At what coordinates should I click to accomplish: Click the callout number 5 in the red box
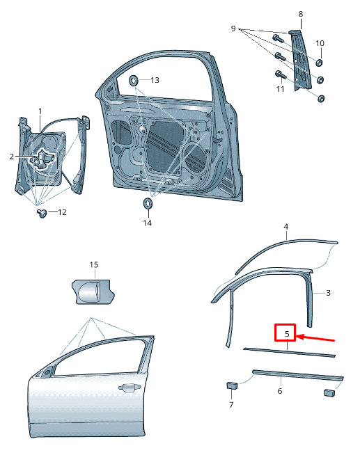pyautogui.click(x=287, y=334)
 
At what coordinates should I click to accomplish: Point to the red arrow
pyautogui.click(x=315, y=339)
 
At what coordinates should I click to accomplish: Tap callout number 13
pyautogui.click(x=155, y=80)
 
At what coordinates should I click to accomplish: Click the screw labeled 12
pyautogui.click(x=42, y=213)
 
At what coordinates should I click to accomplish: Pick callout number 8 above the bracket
pyautogui.click(x=300, y=14)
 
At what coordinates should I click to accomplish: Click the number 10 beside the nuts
pyautogui.click(x=320, y=43)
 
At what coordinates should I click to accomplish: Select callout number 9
pyautogui.click(x=233, y=29)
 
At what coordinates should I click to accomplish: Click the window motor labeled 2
pyautogui.click(x=42, y=158)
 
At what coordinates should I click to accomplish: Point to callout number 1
pyautogui.click(x=40, y=111)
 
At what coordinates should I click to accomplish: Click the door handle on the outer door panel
pyautogui.click(x=130, y=388)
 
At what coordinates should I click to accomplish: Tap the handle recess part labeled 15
pyautogui.click(x=93, y=292)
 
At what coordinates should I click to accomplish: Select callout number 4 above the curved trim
pyautogui.click(x=286, y=227)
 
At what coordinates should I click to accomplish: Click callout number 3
pyautogui.click(x=329, y=293)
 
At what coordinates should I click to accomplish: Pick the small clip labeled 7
pyautogui.click(x=232, y=385)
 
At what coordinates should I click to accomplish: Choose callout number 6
pyautogui.click(x=280, y=391)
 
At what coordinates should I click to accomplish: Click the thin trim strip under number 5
pyautogui.click(x=289, y=352)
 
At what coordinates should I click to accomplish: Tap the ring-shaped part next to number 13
pyautogui.click(x=134, y=80)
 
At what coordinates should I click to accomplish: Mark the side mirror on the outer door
pyautogui.click(x=47, y=372)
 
